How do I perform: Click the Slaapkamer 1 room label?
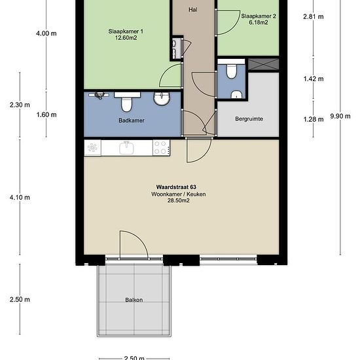(x=126, y=31)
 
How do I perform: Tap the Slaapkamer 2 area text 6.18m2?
(x=259, y=22)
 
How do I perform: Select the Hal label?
(x=193, y=10)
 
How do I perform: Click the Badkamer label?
(x=132, y=120)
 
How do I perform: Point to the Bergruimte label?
(x=249, y=119)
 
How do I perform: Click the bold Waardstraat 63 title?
(x=176, y=187)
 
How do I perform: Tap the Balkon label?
(x=134, y=300)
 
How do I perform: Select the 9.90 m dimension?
(x=340, y=116)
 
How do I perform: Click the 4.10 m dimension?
(x=20, y=198)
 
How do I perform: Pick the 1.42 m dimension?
(x=314, y=79)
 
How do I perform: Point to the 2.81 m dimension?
(x=314, y=16)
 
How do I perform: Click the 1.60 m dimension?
(x=46, y=115)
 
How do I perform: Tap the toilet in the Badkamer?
(x=127, y=102)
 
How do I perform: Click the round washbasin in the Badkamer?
(x=162, y=98)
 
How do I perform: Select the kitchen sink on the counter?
(x=126, y=148)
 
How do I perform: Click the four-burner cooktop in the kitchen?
(x=162, y=148)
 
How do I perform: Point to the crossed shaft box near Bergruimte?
(x=264, y=64)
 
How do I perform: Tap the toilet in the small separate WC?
(x=231, y=71)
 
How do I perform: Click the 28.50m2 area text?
(x=179, y=200)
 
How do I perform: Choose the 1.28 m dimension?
(x=314, y=119)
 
